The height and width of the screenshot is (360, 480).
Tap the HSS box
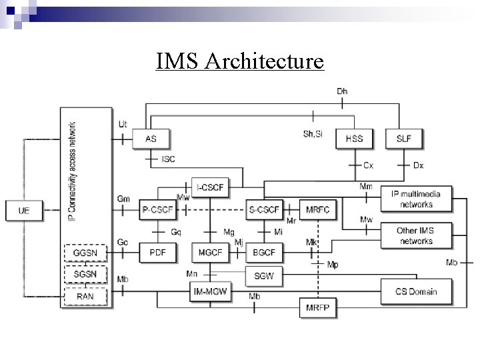click(353, 138)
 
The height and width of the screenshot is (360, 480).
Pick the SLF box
click(403, 138)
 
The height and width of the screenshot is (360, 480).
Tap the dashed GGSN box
click(84, 255)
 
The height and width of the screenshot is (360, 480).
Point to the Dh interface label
click(341, 91)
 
